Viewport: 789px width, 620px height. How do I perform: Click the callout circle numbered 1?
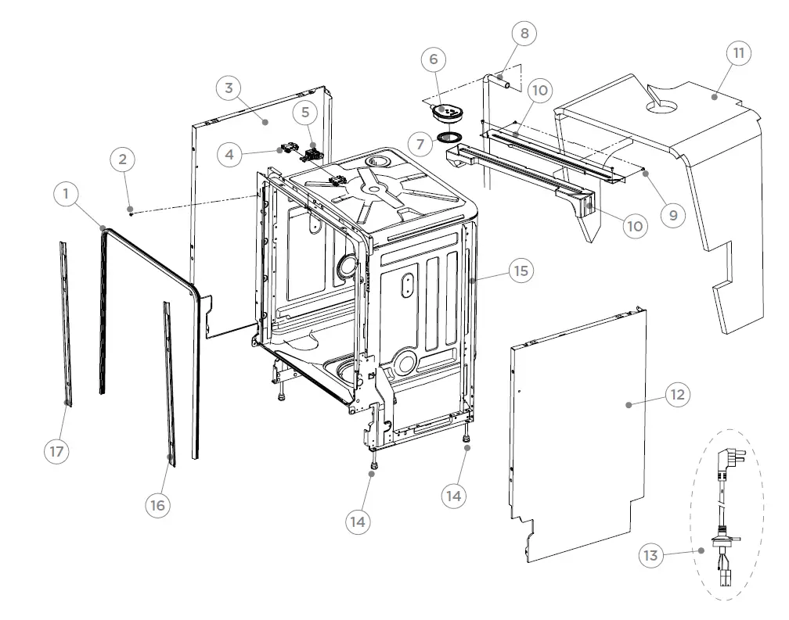67,194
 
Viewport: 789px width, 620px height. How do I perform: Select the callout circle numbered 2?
121,159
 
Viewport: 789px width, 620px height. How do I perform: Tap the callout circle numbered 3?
229,88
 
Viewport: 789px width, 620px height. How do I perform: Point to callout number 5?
305,113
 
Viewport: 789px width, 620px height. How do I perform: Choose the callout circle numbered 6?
433,59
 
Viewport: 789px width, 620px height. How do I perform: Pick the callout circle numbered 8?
524,34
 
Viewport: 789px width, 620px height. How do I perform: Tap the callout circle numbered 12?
677,394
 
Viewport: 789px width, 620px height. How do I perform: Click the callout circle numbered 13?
650,556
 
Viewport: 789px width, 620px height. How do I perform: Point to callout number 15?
520,271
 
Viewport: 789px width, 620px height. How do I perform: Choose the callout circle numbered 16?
157,506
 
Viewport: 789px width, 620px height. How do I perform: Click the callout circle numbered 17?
56,451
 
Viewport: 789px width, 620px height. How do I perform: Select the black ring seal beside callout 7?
450,138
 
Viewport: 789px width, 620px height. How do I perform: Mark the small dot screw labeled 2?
131,212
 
